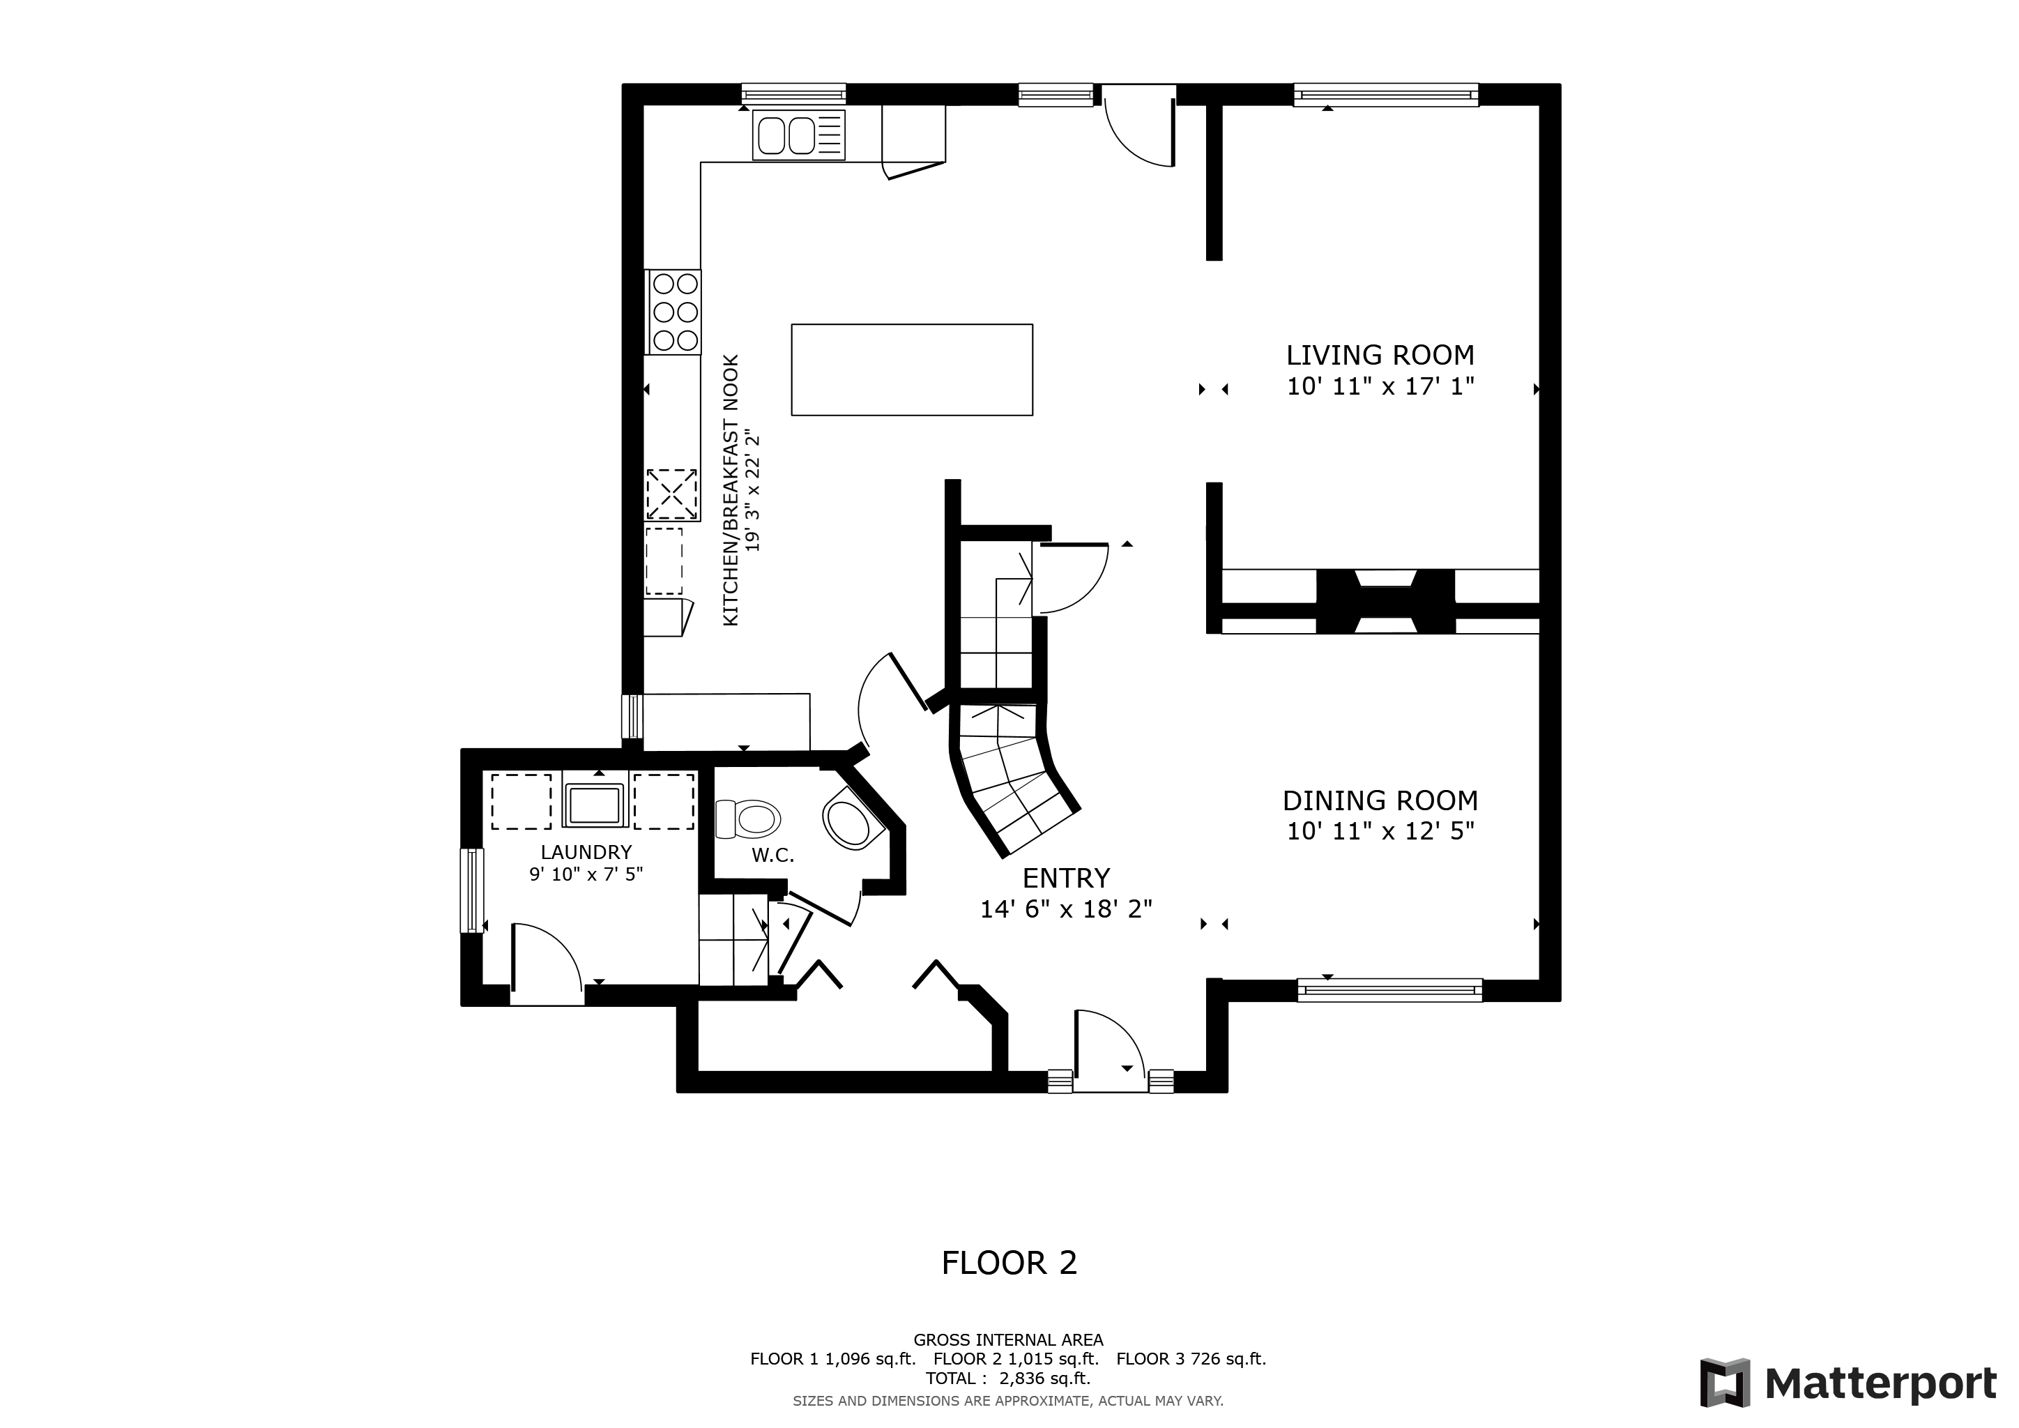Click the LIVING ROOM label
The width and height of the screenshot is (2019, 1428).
coord(1380,355)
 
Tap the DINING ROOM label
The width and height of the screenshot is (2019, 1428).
coord(1380,801)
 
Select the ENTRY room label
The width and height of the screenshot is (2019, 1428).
coord(1066,879)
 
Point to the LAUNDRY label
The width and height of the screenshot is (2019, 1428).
coord(586,852)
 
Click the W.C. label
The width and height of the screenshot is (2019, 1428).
coord(773,856)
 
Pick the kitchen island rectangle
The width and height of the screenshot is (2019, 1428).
coord(912,370)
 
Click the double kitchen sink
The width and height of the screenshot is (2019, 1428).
coord(798,135)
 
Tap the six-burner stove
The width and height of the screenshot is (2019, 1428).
coord(673,311)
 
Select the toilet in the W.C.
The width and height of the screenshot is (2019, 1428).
coord(748,819)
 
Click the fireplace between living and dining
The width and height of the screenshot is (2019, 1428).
coord(1385,602)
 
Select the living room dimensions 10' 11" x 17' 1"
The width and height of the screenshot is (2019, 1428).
coord(1380,386)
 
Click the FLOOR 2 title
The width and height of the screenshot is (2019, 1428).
coord(1009,1263)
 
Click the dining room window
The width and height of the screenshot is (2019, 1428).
coord(1389,990)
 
